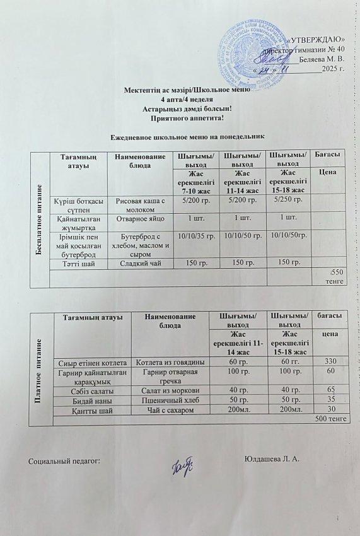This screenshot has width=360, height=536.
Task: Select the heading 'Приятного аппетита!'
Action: click(x=180, y=117)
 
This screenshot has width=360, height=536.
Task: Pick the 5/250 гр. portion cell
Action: click(x=289, y=201)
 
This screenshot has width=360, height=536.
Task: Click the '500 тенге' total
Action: click(x=330, y=419)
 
